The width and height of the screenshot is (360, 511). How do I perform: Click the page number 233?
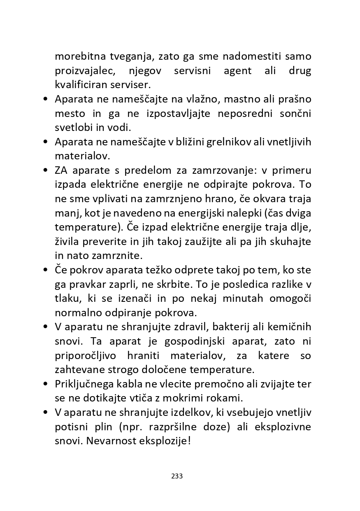pos(177,476)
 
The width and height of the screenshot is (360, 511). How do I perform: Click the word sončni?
pos(296,113)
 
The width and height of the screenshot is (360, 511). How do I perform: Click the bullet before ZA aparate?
pos(46,170)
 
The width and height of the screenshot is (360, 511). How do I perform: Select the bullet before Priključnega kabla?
pos(46,384)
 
